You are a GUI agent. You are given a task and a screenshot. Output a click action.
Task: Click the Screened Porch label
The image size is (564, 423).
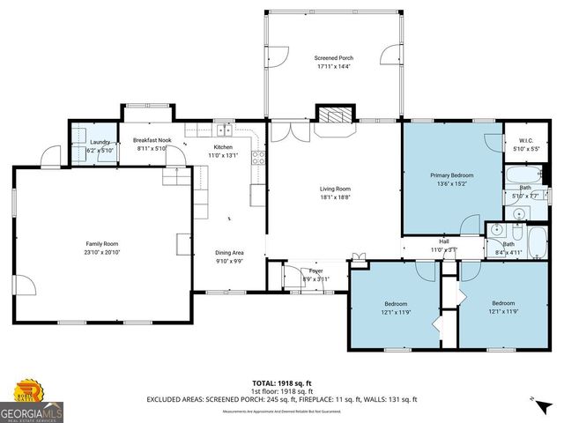(333, 58)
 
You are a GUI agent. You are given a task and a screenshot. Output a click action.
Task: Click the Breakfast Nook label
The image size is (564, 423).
(152, 140)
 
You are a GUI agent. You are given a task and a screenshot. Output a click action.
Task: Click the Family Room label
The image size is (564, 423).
(101, 243)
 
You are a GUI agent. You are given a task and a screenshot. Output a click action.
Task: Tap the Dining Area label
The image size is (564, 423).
(229, 253)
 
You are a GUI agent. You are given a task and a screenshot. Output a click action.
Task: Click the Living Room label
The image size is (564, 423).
(335, 189)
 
